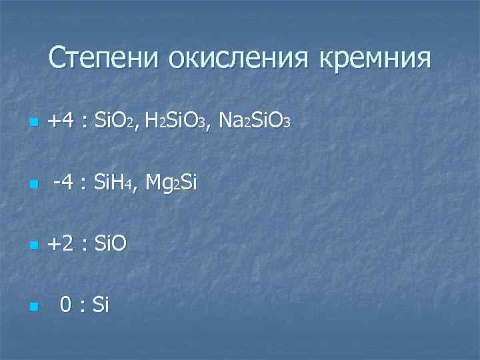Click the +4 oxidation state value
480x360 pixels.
61,121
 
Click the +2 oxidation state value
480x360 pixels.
61,244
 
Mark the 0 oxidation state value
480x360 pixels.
65,305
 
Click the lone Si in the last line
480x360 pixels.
101,305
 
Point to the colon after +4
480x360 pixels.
85,123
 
